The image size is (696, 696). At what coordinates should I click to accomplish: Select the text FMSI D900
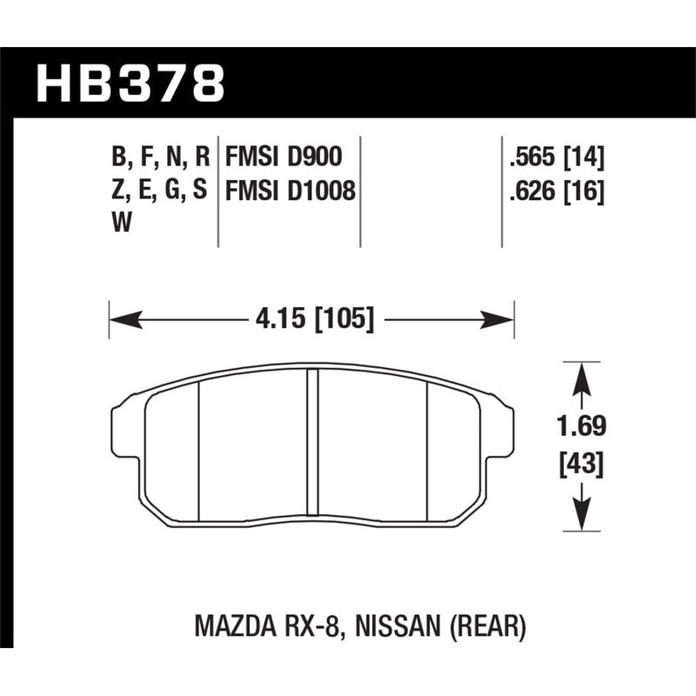[284, 157]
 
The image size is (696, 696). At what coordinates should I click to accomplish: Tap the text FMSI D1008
[291, 190]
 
